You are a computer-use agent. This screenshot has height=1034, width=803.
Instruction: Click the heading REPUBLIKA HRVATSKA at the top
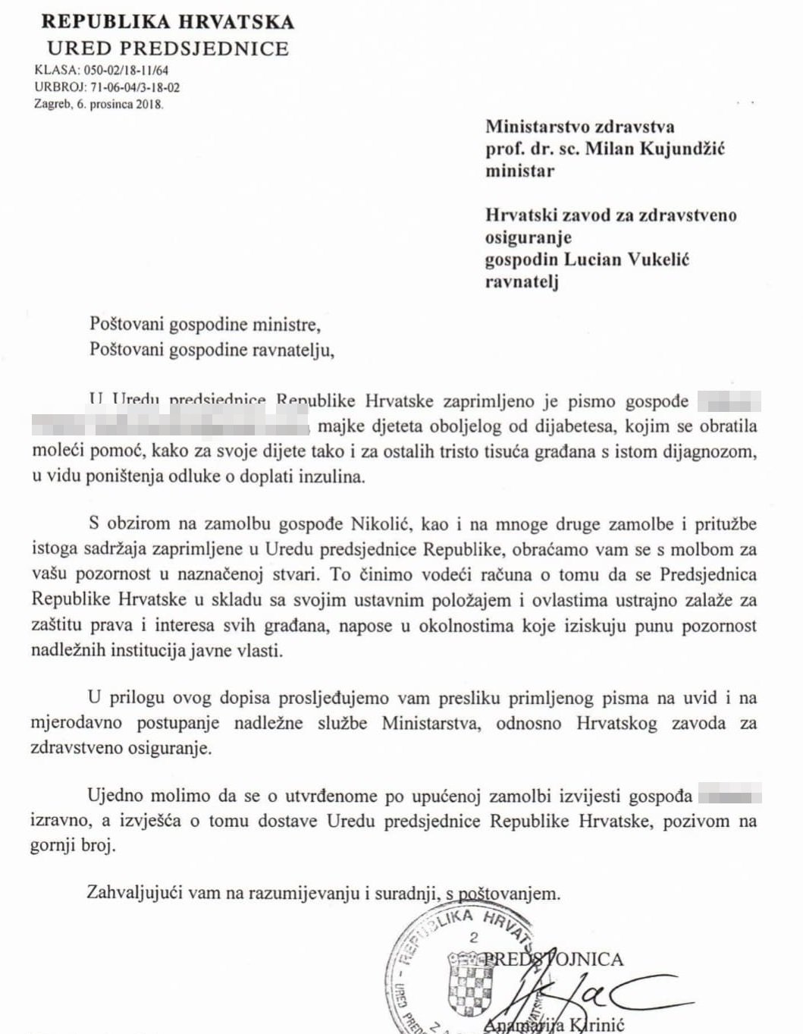[x=168, y=21]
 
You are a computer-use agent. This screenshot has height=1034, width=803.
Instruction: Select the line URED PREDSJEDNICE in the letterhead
[x=168, y=49]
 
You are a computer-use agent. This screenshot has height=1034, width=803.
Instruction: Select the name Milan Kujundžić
[x=654, y=148]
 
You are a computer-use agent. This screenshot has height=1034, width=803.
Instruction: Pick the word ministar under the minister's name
[x=519, y=171]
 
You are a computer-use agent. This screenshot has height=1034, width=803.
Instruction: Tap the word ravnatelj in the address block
[x=522, y=282]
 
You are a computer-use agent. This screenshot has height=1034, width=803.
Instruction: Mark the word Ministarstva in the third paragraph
[x=430, y=723]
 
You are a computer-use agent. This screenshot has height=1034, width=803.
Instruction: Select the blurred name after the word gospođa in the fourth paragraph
[x=729, y=796]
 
